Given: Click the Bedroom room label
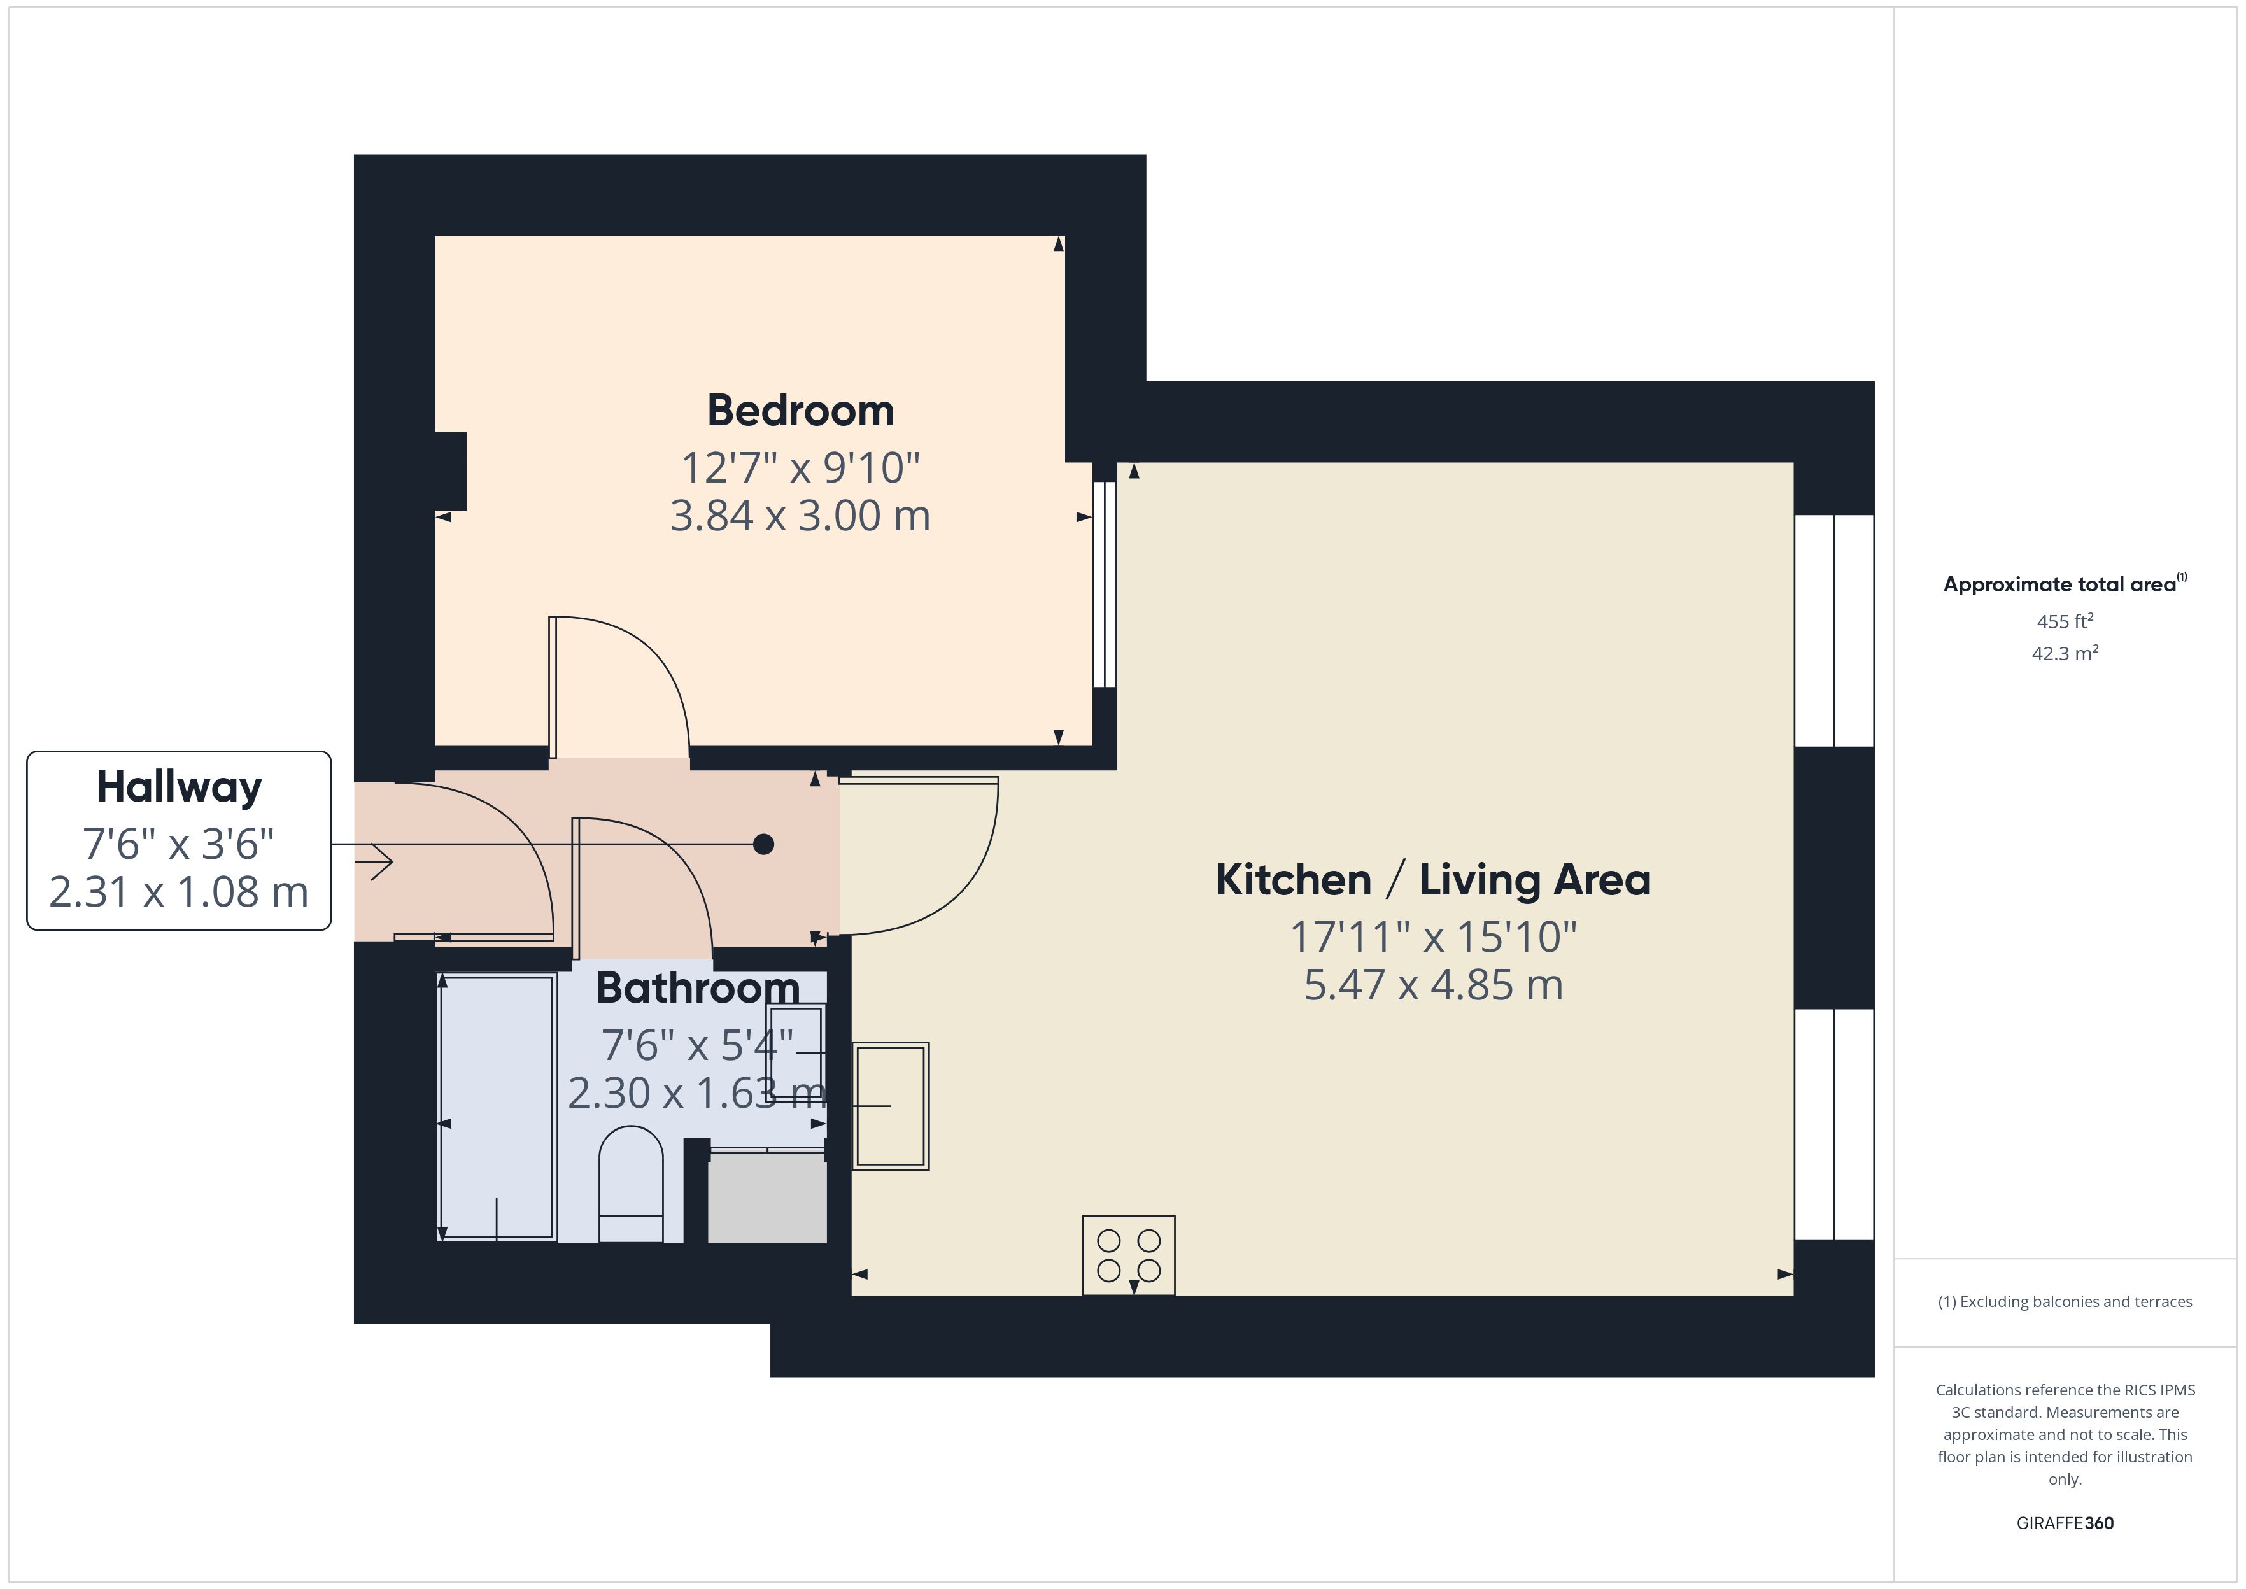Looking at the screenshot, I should pyautogui.click(x=800, y=411).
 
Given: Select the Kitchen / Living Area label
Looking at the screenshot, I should pyautogui.click(x=1432, y=880).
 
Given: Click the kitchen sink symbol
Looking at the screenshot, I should pyautogui.click(x=890, y=1106).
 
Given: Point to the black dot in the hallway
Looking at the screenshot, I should pyautogui.click(x=763, y=844).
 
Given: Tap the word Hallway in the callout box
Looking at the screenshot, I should pyautogui.click(x=179, y=787).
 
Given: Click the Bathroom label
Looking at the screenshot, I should pyautogui.click(x=698, y=988).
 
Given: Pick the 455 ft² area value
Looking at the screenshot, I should pyautogui.click(x=2064, y=621).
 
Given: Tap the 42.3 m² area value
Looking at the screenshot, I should pyautogui.click(x=2064, y=654).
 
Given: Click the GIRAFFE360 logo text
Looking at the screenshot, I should pyautogui.click(x=2064, y=1523).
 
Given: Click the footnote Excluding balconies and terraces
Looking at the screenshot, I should pyautogui.click(x=2064, y=1301).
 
